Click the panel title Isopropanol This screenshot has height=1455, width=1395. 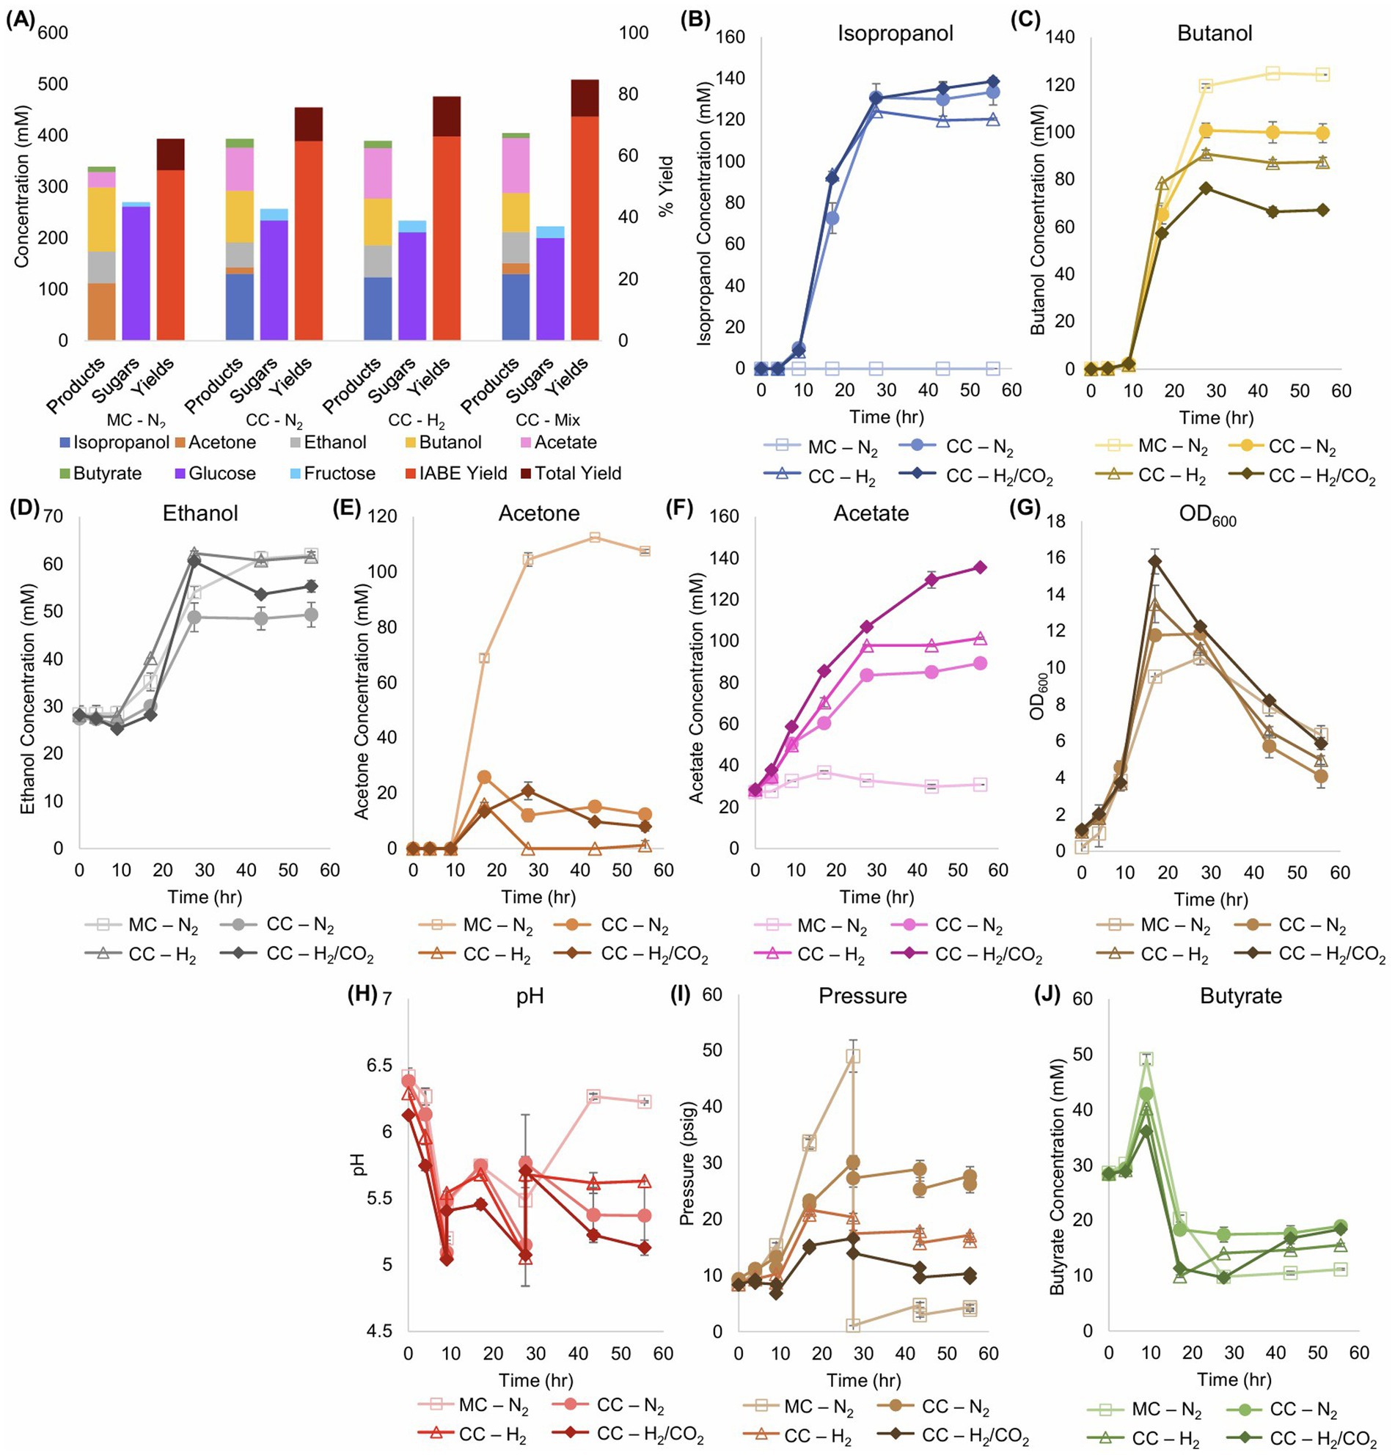[x=896, y=34]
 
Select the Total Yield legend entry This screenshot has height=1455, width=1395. [x=578, y=474]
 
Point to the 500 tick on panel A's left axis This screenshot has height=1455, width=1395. [x=54, y=84]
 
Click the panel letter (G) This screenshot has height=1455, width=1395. [x=1027, y=507]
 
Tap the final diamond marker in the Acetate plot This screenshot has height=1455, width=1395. [x=980, y=567]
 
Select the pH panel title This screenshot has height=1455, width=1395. [x=530, y=995]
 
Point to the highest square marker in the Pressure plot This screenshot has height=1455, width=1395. [x=853, y=1055]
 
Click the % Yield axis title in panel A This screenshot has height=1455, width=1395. [x=667, y=186]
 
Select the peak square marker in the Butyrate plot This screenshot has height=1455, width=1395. [x=1146, y=1059]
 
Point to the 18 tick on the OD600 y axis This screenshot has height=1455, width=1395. [x=1055, y=522]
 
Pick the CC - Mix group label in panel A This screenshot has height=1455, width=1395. [x=548, y=420]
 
